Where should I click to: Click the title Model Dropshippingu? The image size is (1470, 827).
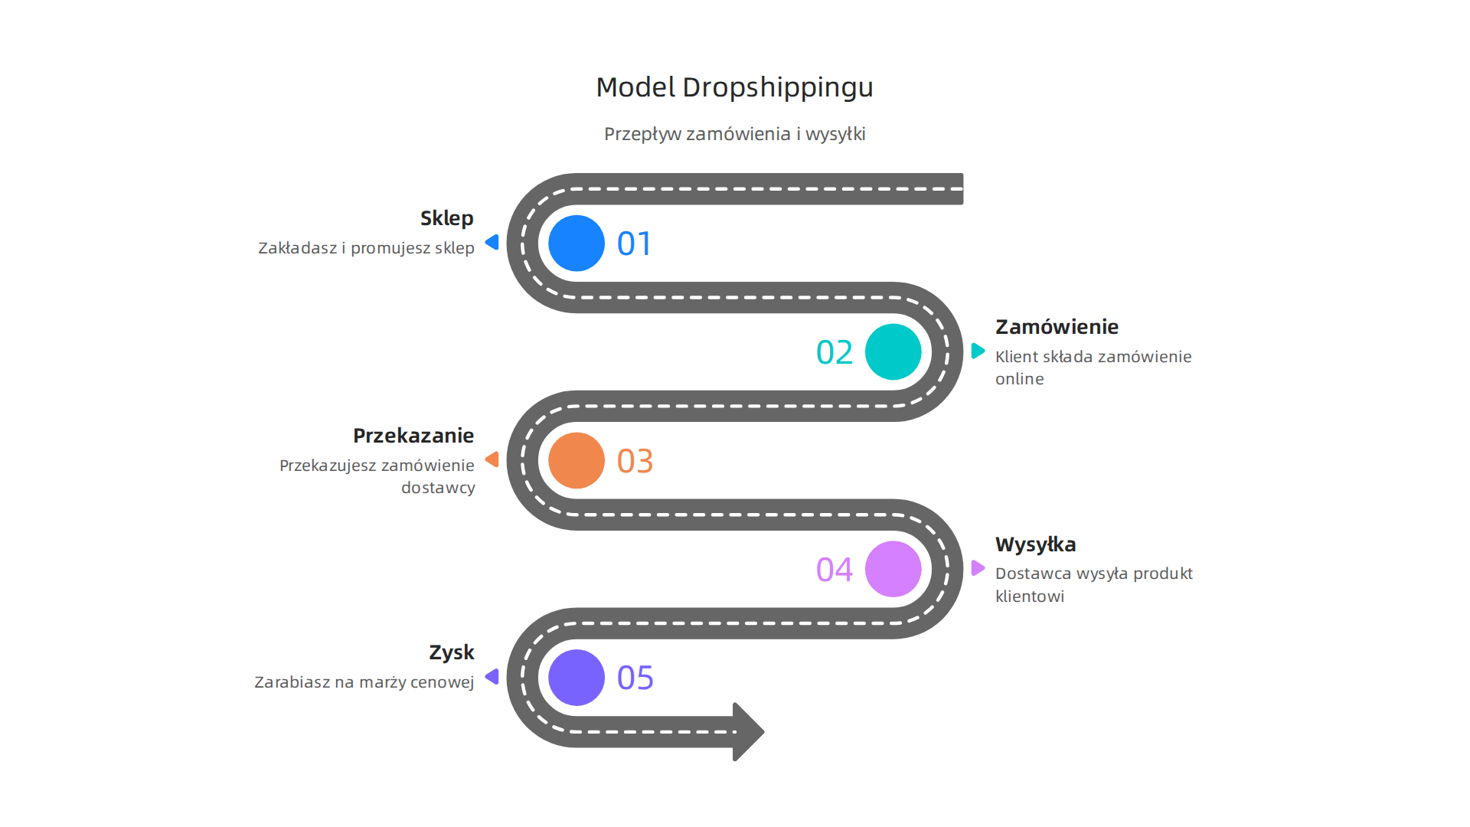(x=734, y=87)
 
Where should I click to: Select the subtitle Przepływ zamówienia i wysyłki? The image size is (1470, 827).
(x=734, y=134)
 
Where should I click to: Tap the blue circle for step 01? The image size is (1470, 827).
(x=577, y=244)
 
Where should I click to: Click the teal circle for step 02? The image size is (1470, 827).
(x=893, y=352)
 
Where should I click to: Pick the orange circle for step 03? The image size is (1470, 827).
(x=577, y=461)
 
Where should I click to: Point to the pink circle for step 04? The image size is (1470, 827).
(x=893, y=569)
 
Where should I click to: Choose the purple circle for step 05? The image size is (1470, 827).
(x=577, y=678)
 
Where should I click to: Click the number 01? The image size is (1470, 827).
(x=635, y=244)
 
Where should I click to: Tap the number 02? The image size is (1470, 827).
(x=835, y=353)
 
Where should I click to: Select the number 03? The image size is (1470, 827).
(x=635, y=462)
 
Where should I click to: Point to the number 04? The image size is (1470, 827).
(x=835, y=570)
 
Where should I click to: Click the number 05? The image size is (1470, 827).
(x=635, y=678)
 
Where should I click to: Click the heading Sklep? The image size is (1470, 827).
(x=446, y=218)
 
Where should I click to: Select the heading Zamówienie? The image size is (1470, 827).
(x=1057, y=327)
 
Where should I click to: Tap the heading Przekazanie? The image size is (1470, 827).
(x=413, y=436)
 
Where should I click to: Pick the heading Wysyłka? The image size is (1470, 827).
(x=1035, y=544)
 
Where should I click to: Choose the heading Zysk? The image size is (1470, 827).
(x=451, y=652)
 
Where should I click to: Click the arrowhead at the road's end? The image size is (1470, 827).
(x=748, y=731)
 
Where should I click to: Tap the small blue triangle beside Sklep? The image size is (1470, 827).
(x=493, y=243)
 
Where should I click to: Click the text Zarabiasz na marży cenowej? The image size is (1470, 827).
(x=364, y=682)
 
